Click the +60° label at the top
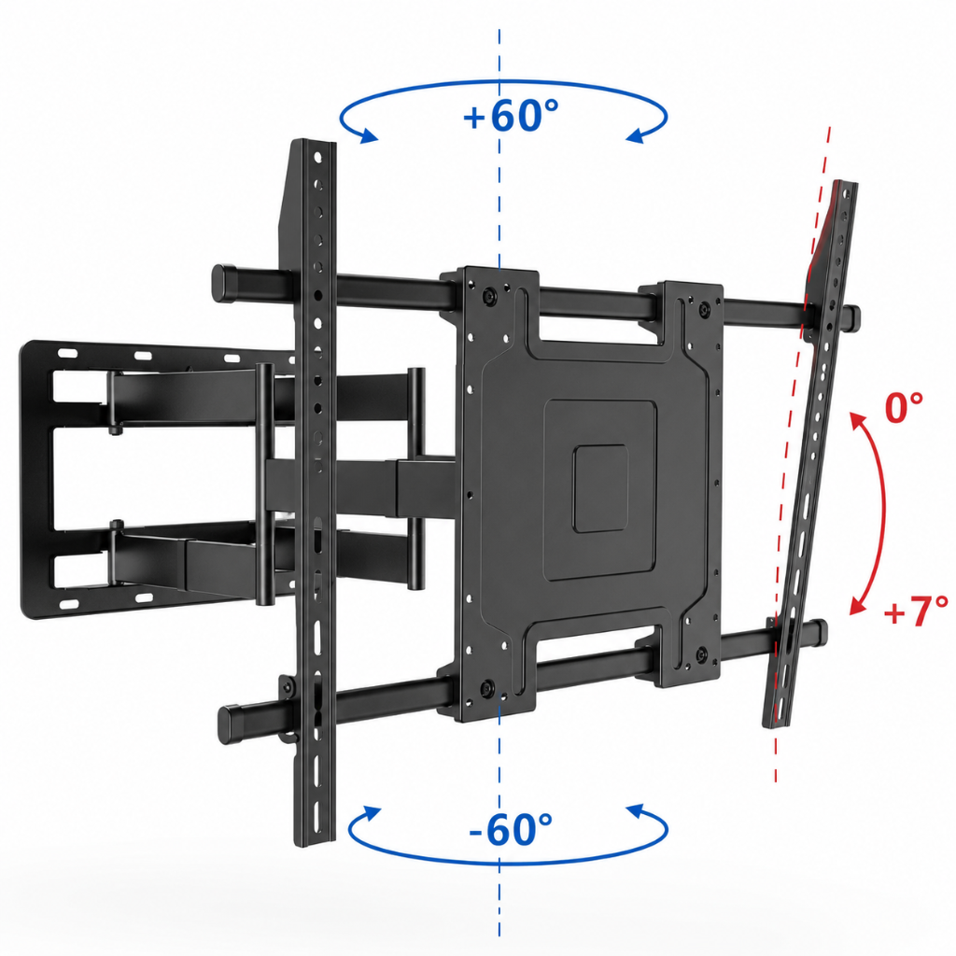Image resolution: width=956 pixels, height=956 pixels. pos(511,115)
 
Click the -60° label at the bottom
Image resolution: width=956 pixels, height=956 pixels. pos(511,829)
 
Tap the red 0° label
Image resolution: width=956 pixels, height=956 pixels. pos(904,408)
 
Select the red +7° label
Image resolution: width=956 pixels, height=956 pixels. pos(916,612)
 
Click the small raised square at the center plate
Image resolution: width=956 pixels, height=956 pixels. pos(600,488)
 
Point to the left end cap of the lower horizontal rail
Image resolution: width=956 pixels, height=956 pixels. pos(232,724)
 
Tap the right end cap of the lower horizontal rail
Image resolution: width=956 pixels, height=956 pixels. pos(819,632)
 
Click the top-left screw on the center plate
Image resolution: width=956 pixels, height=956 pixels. pos(489,297)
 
